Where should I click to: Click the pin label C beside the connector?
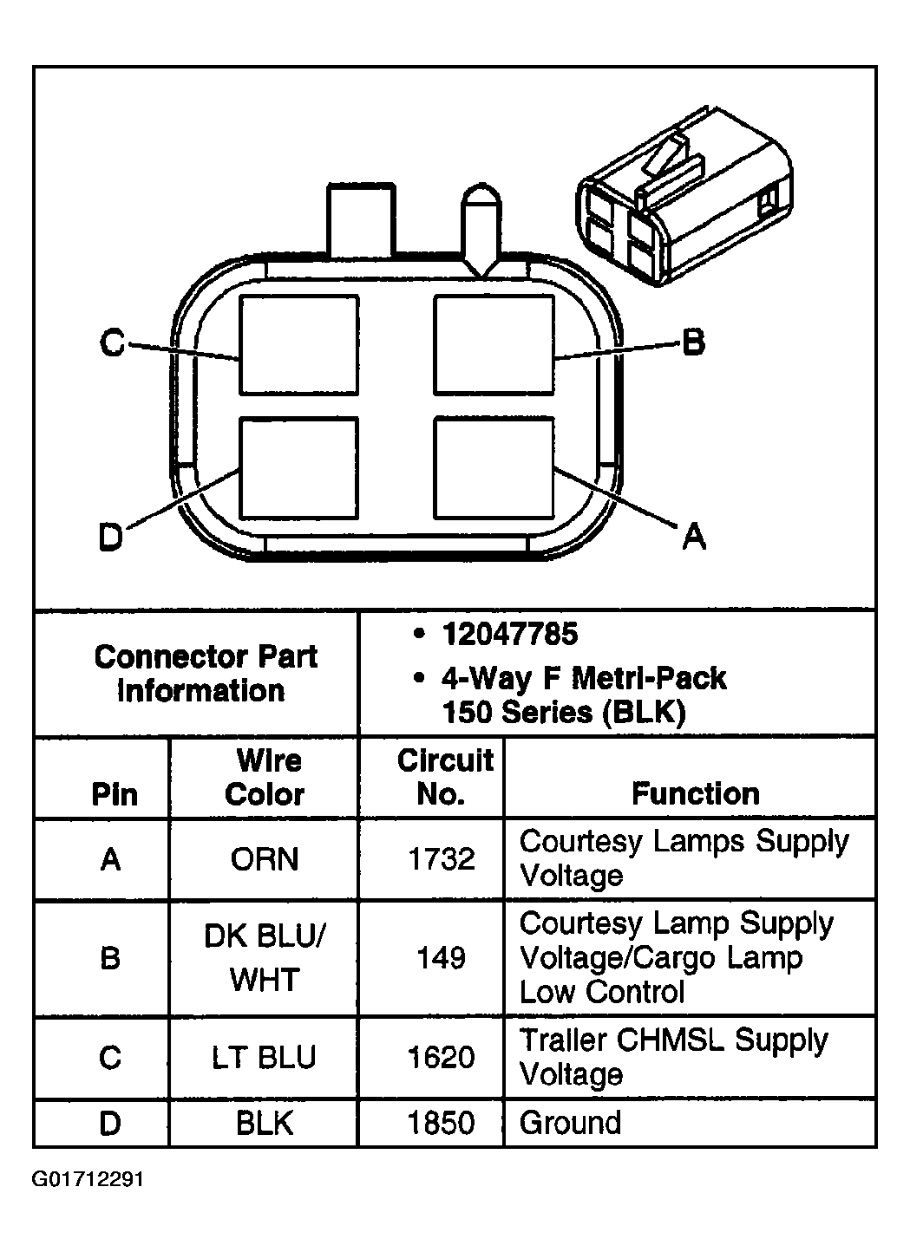pyautogui.click(x=112, y=343)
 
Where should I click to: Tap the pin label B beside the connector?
pyautogui.click(x=692, y=343)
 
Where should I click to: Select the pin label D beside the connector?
pyautogui.click(x=110, y=538)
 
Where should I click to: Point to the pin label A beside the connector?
pyautogui.click(x=693, y=538)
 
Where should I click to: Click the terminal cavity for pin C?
pyautogui.click(x=298, y=343)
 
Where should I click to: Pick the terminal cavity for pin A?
pyautogui.click(x=493, y=467)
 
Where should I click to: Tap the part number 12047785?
pyautogui.click(x=509, y=635)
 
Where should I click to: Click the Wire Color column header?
pyautogui.click(x=265, y=777)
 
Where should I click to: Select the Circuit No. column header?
pyautogui.click(x=444, y=777)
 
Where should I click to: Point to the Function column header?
pyautogui.click(x=695, y=793)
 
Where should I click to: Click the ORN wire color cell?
pyautogui.click(x=265, y=859)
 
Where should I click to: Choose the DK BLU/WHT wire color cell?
pyautogui.click(x=265, y=957)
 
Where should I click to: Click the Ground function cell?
pyautogui.click(x=570, y=1124)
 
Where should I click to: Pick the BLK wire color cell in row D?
pyautogui.click(x=265, y=1124)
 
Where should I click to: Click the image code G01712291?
pyautogui.click(x=88, y=1180)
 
